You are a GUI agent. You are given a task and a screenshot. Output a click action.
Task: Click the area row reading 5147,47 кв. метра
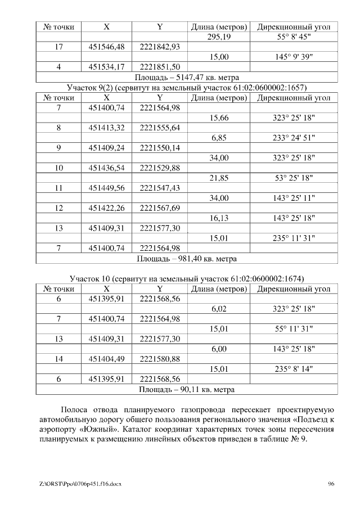187,77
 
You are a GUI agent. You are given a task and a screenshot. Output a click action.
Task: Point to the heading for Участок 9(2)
187,88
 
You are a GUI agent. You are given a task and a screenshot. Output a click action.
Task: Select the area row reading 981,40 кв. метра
187,259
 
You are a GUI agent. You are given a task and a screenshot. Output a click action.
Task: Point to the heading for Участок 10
187,279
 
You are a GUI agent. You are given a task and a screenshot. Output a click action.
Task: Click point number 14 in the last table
59,359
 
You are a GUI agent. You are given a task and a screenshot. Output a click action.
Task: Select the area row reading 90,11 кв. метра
187,389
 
